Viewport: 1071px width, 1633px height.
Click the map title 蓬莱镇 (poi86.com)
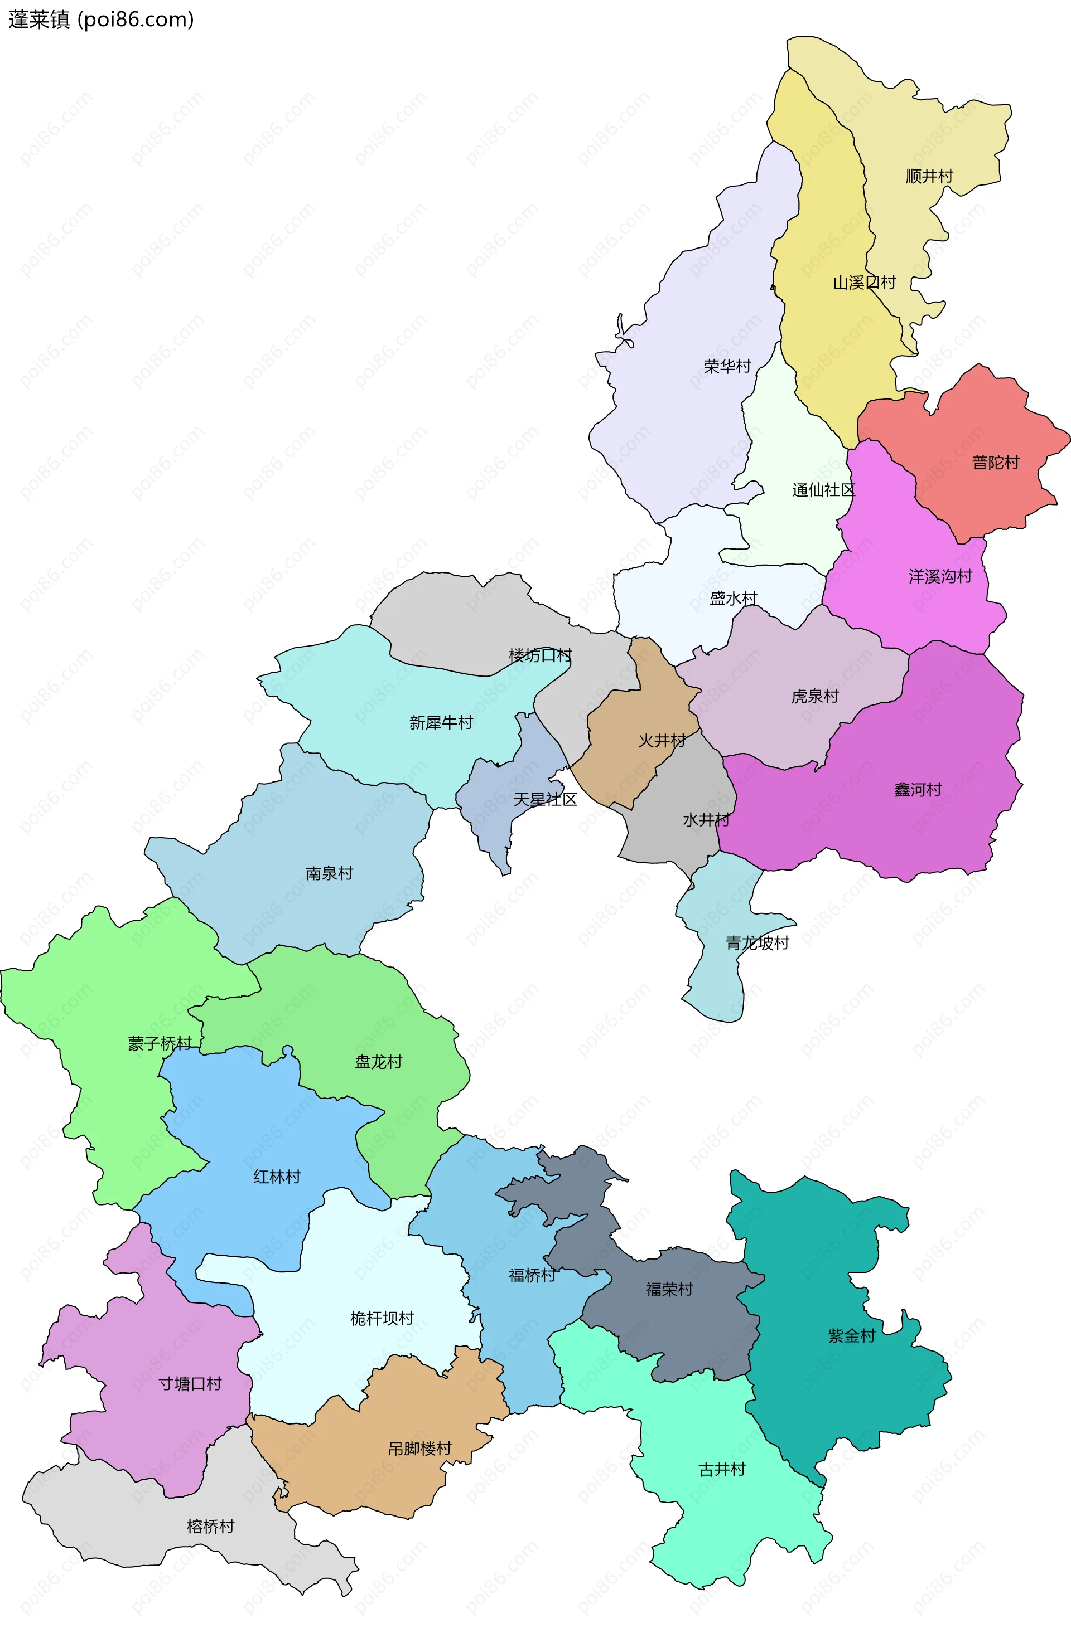pos(101,19)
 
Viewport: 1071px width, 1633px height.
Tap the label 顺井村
pos(929,176)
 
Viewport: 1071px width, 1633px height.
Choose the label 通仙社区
pos(823,490)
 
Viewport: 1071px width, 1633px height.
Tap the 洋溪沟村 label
pos(940,576)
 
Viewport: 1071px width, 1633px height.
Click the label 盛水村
pos(732,599)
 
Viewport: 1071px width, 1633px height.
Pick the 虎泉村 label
pos(814,697)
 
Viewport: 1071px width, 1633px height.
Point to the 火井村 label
pos(662,740)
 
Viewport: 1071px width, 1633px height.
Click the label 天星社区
pos(545,799)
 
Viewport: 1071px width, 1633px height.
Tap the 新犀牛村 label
pos(441,722)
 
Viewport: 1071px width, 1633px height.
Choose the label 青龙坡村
pos(758,943)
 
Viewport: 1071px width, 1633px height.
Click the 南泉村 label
pos(329,873)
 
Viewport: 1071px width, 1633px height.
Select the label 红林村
pos(277,1177)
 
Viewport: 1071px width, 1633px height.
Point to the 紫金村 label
pos(851,1335)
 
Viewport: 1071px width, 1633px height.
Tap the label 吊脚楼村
pos(419,1449)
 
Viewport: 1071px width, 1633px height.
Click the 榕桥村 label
pos(210,1526)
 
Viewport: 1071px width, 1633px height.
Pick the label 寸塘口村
pos(190,1383)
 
